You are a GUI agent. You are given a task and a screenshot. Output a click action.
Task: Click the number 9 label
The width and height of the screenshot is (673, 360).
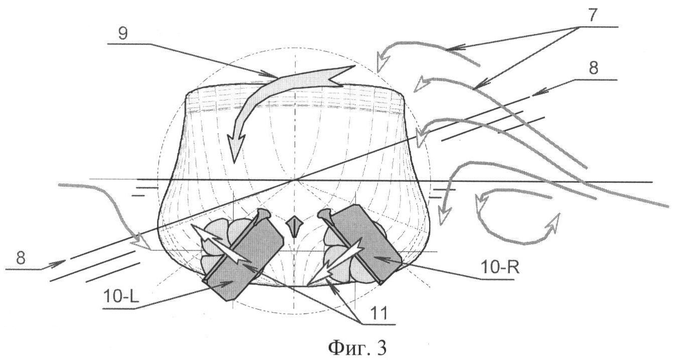pos(123,33)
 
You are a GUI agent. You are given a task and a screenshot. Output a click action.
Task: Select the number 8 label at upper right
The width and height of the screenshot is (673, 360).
pos(593,68)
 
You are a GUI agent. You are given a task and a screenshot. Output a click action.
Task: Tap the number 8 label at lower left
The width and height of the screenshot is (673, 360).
pos(21,258)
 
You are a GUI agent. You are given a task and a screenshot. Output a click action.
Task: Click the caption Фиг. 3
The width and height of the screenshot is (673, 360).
pos(357,347)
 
